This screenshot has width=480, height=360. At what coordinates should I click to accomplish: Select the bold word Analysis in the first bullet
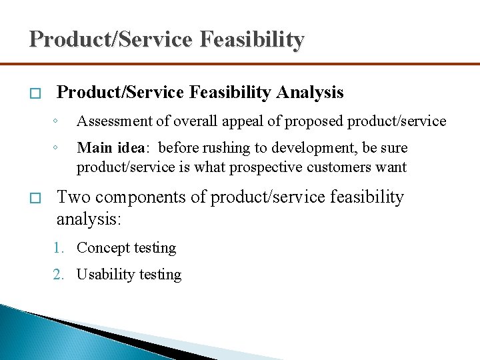point(311,92)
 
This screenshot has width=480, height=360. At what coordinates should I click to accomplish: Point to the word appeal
point(251,121)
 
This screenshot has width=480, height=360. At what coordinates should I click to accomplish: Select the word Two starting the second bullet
point(71,197)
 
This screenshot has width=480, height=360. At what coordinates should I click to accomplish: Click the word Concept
point(103,248)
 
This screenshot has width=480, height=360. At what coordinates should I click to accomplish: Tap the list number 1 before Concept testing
point(59,248)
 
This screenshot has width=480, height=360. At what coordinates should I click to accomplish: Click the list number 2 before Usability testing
point(59,275)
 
